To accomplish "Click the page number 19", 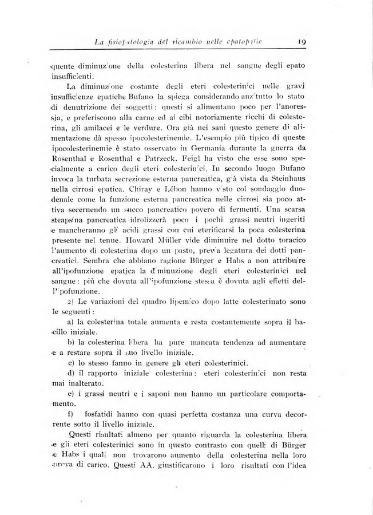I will coord(303,41).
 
